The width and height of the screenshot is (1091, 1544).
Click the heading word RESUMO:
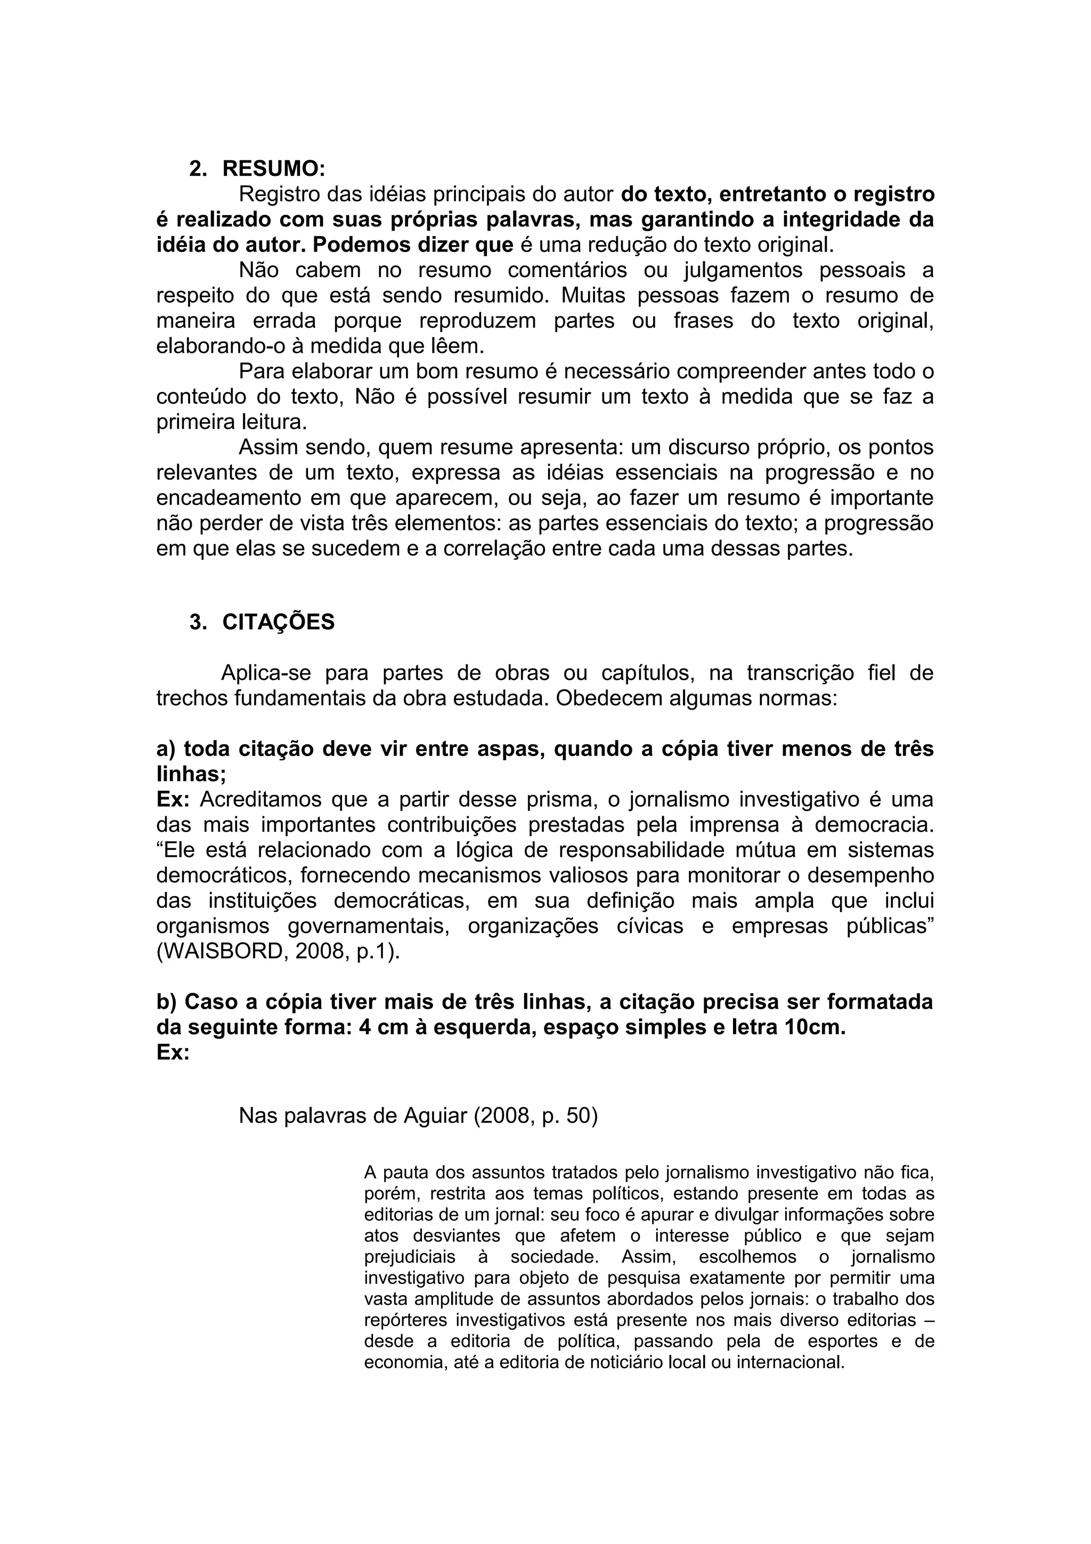click(x=274, y=168)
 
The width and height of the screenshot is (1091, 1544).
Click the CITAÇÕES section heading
click(x=278, y=622)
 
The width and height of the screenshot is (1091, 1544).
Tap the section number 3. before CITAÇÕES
click(x=198, y=622)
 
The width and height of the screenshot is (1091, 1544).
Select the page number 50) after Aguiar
click(x=582, y=1116)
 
